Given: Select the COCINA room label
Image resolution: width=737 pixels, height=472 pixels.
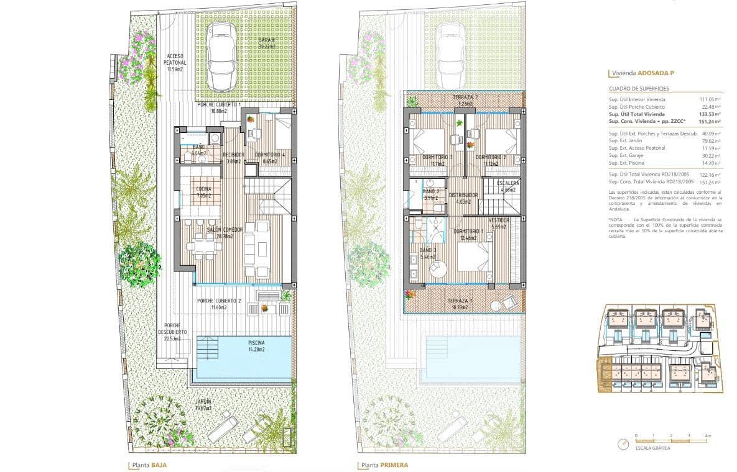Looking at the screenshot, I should pyautogui.click(x=203, y=189).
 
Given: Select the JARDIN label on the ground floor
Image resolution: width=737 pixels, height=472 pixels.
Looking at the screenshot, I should pyautogui.click(x=202, y=402).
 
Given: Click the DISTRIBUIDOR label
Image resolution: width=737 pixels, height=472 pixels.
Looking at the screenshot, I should pyautogui.click(x=463, y=194).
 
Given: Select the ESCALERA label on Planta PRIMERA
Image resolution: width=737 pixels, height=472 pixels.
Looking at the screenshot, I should pyautogui.click(x=508, y=184).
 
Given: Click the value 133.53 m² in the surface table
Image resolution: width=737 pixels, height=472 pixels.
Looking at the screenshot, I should pyautogui.click(x=709, y=114).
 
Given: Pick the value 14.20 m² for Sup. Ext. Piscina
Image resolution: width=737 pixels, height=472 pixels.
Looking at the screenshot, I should pyautogui.click(x=710, y=163).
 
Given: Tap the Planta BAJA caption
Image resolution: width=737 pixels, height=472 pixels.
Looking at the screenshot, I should pyautogui.click(x=147, y=465).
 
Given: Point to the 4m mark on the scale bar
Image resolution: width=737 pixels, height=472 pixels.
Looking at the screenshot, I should pyautogui.click(x=708, y=436).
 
